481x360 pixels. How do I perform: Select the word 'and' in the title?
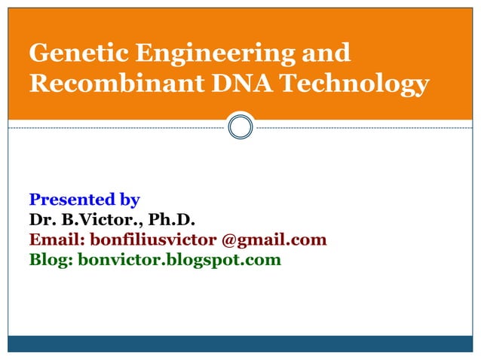click(x=325, y=53)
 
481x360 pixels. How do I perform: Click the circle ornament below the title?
click(x=240, y=127)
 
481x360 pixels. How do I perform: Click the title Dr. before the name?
click(x=41, y=220)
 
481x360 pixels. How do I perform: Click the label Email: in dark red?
click(x=57, y=240)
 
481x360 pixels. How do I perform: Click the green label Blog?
click(x=51, y=261)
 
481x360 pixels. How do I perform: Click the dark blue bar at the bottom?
click(x=240, y=343)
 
